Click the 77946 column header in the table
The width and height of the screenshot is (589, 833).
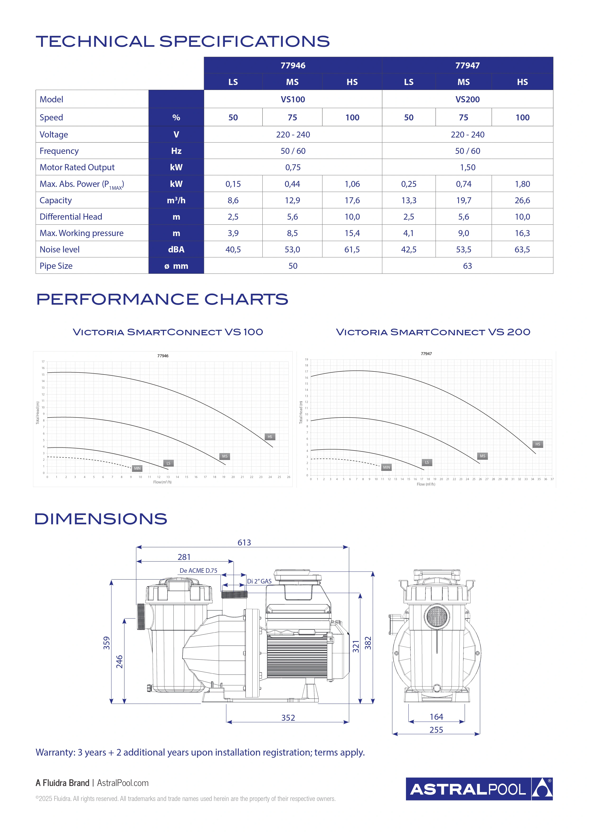click(x=293, y=65)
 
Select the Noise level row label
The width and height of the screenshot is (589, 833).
click(x=60, y=249)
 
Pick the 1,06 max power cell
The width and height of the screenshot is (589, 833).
click(x=352, y=184)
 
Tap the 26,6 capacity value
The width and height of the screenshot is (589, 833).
click(x=522, y=200)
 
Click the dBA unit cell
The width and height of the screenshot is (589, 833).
click(x=176, y=249)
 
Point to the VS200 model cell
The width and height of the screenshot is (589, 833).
click(x=467, y=99)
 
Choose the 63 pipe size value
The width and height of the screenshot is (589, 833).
click(x=467, y=266)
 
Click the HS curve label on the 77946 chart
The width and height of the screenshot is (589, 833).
click(x=270, y=437)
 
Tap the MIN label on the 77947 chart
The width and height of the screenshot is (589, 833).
click(x=387, y=467)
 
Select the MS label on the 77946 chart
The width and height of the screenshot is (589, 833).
click(x=225, y=456)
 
